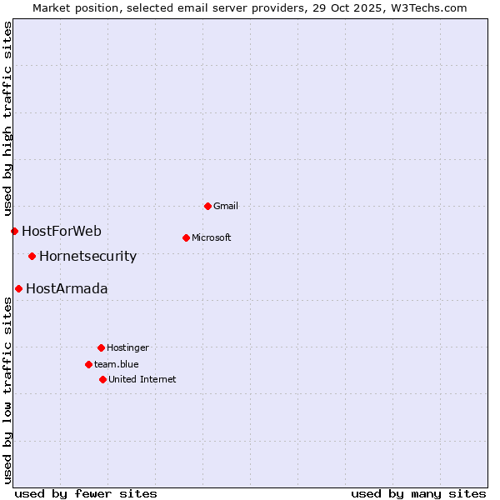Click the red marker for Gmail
coord(207,206)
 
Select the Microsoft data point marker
coord(186,237)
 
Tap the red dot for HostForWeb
coord(14,231)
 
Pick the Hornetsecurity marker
coord(32,256)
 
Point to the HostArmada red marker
coord(18,288)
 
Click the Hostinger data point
coord(101,347)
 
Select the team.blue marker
coord(88,364)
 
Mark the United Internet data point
coord(102,379)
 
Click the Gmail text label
coord(226,206)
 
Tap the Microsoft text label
coord(212,237)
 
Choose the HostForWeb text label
coord(62,232)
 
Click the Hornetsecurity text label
coord(87,257)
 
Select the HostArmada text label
coord(67,289)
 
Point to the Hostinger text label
coord(127,347)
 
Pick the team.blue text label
coord(117,364)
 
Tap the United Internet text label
coord(142,379)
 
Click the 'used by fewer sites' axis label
coord(86,493)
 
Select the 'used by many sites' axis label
coord(418,493)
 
